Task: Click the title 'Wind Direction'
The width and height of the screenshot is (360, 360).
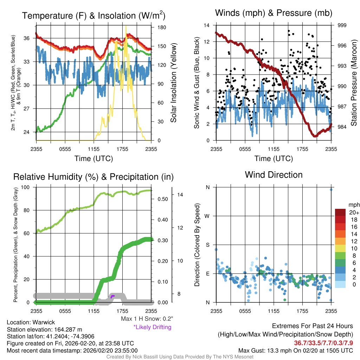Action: click(274, 175)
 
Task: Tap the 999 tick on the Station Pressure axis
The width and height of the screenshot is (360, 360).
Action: click(342, 25)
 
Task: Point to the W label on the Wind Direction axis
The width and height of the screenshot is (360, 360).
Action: click(207, 216)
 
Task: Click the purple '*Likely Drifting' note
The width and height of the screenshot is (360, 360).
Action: click(152, 327)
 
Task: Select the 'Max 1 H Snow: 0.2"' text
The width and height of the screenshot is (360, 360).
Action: click(147, 319)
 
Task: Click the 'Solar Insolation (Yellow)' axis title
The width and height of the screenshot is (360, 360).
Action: click(173, 83)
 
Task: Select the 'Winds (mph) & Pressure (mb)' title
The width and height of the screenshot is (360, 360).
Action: click(274, 13)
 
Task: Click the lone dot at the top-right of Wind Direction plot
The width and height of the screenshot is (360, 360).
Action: click(331, 189)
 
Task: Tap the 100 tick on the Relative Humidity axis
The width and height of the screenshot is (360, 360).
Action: click(27, 187)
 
